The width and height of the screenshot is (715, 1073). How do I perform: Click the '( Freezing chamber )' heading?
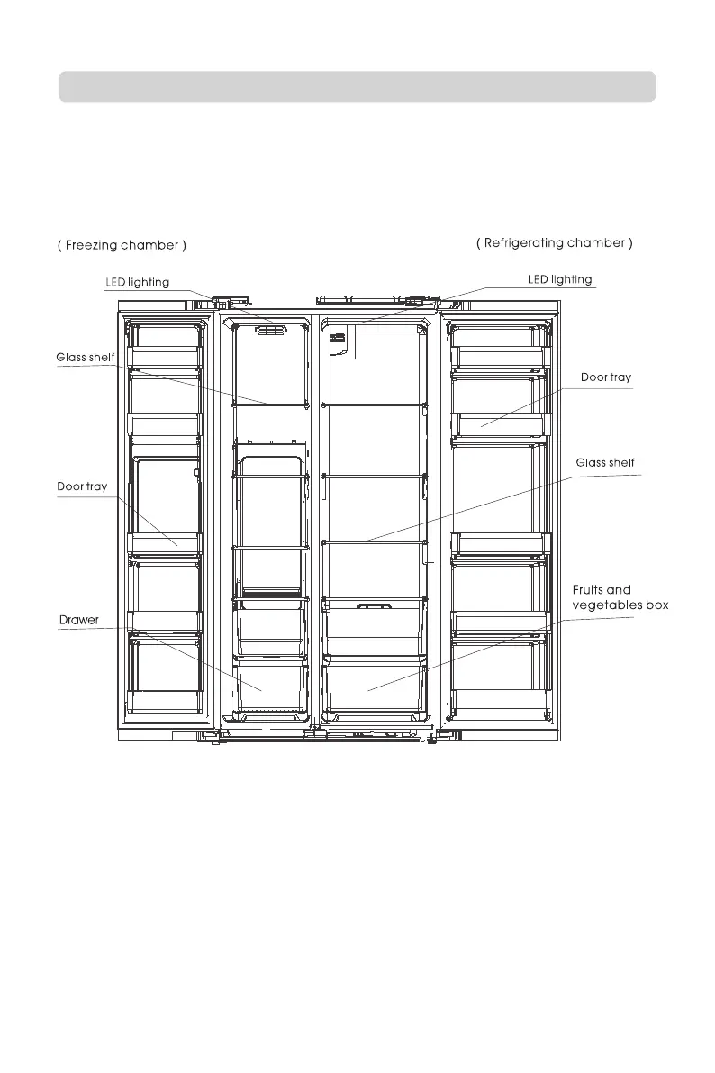(x=122, y=246)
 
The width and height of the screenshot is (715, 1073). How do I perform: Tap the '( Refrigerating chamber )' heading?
(x=554, y=242)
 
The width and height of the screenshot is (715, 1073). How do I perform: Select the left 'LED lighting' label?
(x=138, y=282)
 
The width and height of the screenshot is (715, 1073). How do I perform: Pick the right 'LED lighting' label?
(x=559, y=279)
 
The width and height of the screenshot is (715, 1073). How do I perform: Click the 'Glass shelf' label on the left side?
(x=86, y=358)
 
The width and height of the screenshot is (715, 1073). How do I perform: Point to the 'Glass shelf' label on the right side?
(x=605, y=463)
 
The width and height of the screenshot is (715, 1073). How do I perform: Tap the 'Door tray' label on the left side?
(x=82, y=486)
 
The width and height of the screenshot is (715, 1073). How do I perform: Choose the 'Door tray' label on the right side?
(x=606, y=377)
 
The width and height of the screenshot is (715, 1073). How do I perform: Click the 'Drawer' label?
(x=79, y=620)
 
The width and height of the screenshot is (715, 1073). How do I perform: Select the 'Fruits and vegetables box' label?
(x=620, y=598)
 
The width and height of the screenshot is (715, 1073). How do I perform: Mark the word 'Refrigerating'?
(x=529, y=242)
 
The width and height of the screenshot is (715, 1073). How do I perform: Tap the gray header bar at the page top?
(x=357, y=87)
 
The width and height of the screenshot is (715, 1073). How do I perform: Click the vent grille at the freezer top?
(x=271, y=331)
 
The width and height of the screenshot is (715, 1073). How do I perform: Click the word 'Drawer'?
(x=79, y=620)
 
